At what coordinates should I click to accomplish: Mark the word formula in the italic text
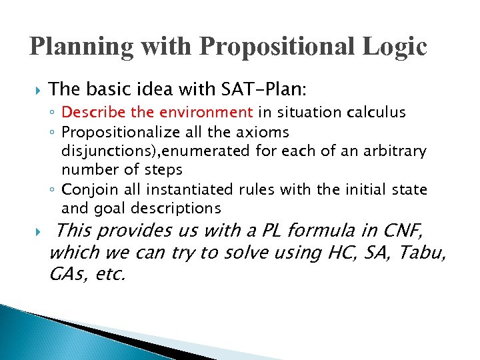click(x=328, y=232)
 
